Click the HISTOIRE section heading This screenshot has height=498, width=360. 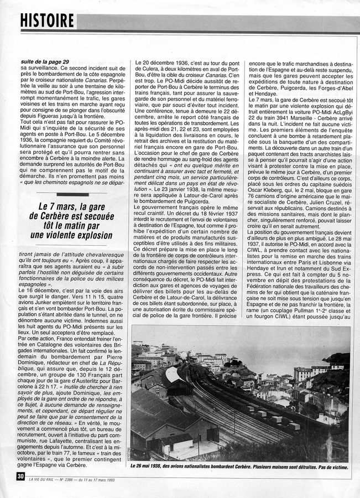pyautogui.click(x=48, y=20)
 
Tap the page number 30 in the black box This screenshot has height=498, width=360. pyautogui.click(x=20, y=475)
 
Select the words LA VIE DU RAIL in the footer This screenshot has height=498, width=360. pyautogui.click(x=48, y=476)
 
